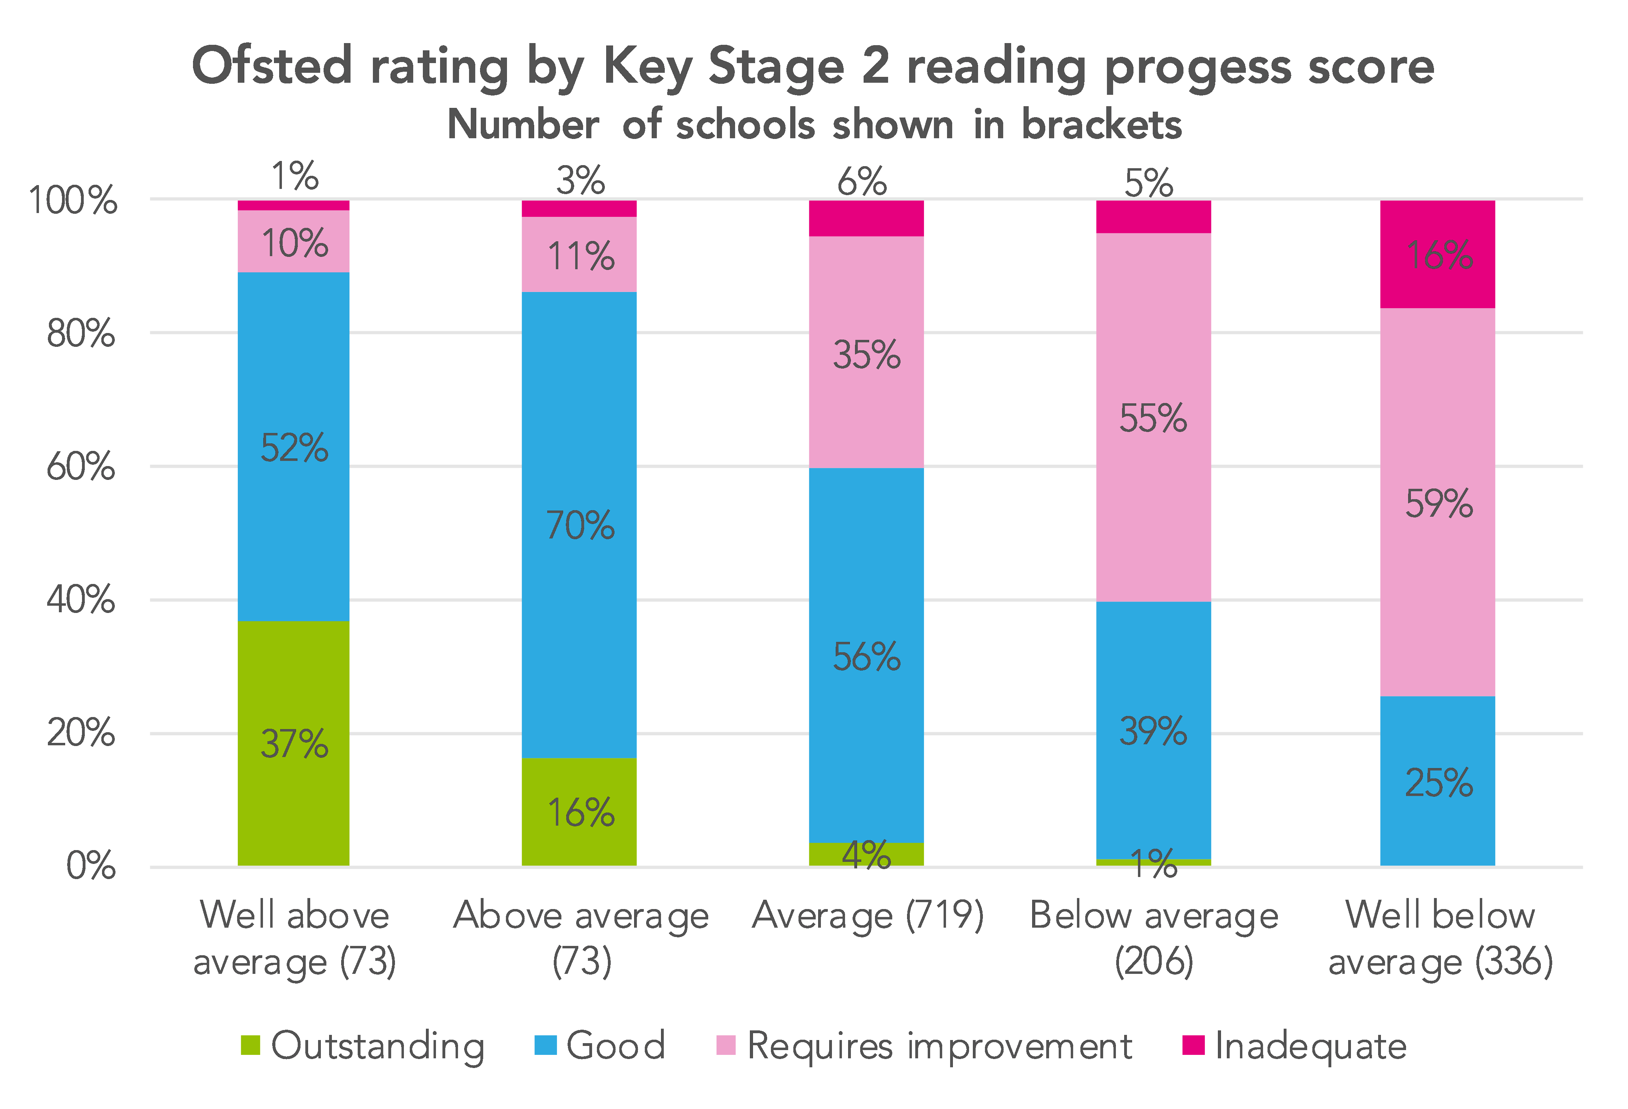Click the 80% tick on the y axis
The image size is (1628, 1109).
pyautogui.click(x=81, y=333)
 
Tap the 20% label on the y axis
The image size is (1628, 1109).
pyautogui.click(x=81, y=733)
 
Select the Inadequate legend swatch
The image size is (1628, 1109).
pyautogui.click(x=1193, y=1045)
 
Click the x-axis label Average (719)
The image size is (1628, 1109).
pyautogui.click(x=867, y=915)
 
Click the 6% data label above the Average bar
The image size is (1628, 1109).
pyautogui.click(x=862, y=182)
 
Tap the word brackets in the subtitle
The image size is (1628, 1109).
pyautogui.click(x=1101, y=125)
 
